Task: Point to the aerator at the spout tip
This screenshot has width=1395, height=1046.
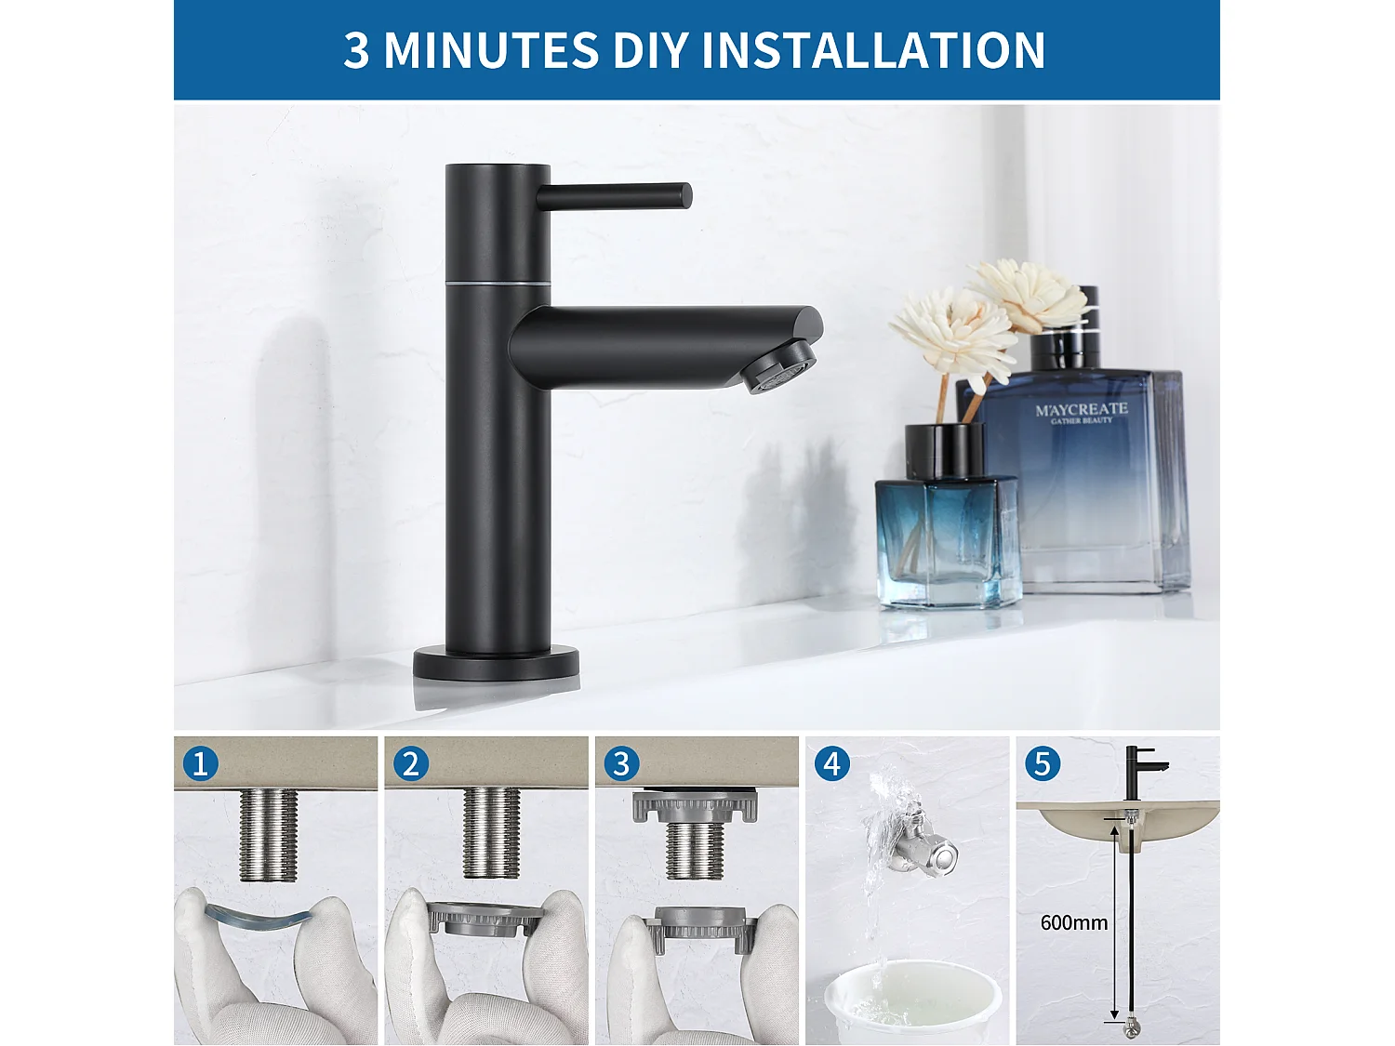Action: click(779, 366)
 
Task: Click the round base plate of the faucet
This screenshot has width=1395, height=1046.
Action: click(496, 664)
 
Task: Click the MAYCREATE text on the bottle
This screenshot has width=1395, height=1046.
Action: click(1081, 409)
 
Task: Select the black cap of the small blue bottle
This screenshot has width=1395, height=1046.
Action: click(945, 451)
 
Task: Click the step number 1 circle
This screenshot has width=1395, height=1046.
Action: click(200, 764)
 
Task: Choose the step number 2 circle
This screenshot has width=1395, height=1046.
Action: click(410, 764)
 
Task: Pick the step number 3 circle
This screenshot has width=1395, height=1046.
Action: click(621, 764)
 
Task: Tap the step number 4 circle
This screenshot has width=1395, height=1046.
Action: click(831, 764)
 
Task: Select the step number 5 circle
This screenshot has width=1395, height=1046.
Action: click(1042, 764)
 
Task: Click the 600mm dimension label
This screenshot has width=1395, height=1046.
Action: click(1073, 922)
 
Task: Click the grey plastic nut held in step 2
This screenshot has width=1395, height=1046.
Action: click(485, 920)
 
